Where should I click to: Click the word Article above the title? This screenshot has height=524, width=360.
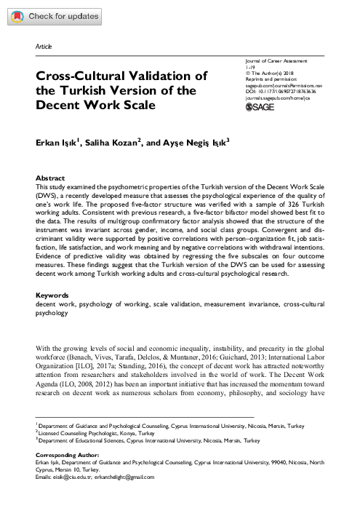click(43, 47)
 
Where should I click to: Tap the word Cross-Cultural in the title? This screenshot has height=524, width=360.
click(79, 76)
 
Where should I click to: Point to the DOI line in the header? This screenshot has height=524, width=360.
click(284, 91)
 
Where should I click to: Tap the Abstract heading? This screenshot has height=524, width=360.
click(51, 178)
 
